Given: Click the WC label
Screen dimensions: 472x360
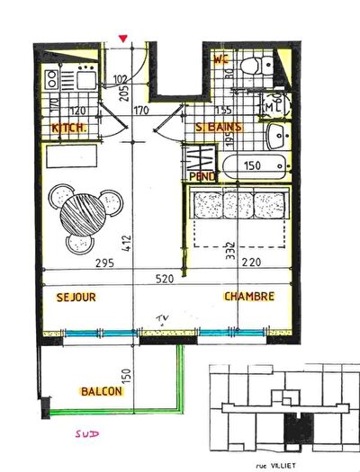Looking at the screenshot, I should pos(221,59).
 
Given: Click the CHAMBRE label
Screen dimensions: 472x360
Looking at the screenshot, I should pos(248,296).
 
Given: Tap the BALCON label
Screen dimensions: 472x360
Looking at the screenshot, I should pos(103,392).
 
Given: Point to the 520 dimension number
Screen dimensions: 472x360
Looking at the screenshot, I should pos(166,280).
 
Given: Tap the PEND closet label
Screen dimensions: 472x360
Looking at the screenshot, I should pos(202,176).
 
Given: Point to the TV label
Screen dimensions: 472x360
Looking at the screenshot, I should pos(163,318).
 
